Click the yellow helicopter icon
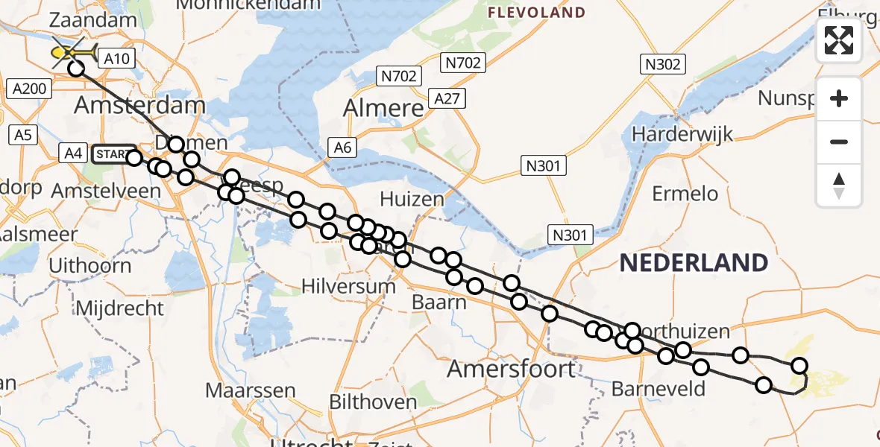(74, 54)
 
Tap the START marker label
(113, 154)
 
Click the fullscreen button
(839, 40)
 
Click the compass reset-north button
(839, 185)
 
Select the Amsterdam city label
(139, 105)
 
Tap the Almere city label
(383, 109)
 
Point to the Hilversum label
(348, 285)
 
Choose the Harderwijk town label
(682, 135)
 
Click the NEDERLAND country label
(694, 262)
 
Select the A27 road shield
(447, 98)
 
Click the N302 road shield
(663, 64)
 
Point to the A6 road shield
(342, 148)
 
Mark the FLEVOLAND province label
(536, 13)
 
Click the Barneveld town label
(648, 388)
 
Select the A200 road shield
(30, 89)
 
